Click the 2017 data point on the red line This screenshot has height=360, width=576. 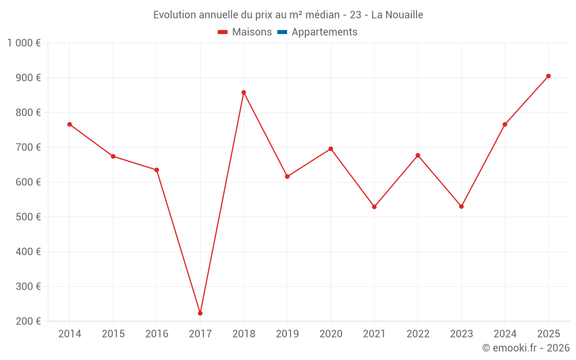[200, 313]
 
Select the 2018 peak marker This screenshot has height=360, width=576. [244, 92]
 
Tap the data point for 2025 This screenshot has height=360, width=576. [548, 76]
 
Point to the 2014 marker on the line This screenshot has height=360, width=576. [70, 124]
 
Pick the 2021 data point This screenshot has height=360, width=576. [374, 207]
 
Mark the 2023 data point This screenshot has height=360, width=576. [461, 206]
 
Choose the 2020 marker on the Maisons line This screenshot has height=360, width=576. [331, 149]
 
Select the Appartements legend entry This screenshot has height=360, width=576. [324, 32]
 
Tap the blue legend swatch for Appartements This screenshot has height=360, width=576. [282, 32]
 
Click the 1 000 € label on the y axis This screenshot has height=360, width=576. [24, 43]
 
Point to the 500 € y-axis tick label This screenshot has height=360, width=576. [27, 217]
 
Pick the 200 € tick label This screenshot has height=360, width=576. [27, 321]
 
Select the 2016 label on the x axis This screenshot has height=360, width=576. [157, 334]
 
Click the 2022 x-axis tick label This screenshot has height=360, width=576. [418, 334]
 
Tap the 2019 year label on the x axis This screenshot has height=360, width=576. [287, 334]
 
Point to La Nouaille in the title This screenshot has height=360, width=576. [397, 15]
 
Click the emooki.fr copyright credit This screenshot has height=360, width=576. [526, 348]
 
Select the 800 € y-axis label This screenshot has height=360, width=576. [27, 113]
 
